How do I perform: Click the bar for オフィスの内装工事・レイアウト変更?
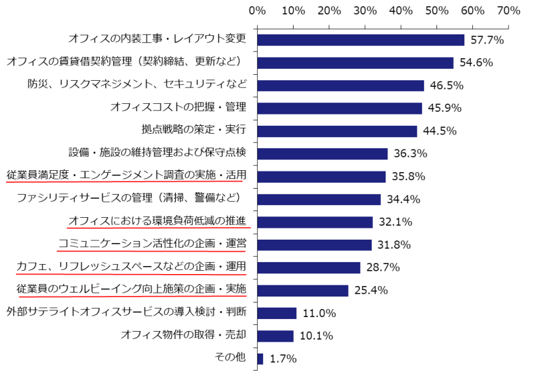click(360, 40)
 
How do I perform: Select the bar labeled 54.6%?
click(355, 63)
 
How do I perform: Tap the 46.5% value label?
click(446, 86)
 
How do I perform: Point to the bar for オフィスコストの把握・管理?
click(339, 108)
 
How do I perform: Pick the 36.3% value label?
click(410, 154)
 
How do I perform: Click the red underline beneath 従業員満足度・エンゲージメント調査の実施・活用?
click(126, 185)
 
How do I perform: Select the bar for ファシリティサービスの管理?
click(319, 199)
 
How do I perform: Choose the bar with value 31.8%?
click(314, 245)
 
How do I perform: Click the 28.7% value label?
click(383, 267)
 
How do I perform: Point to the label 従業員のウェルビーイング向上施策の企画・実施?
click(132, 289)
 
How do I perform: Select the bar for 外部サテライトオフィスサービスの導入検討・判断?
click(276, 313)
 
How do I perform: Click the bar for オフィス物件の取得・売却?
click(275, 336)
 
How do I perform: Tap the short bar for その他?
click(260, 358)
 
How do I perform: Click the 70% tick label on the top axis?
click(508, 11)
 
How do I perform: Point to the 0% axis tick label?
click(257, 11)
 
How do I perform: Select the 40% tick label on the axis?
click(400, 11)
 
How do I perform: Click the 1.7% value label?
click(283, 359)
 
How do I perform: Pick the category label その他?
click(230, 357)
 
